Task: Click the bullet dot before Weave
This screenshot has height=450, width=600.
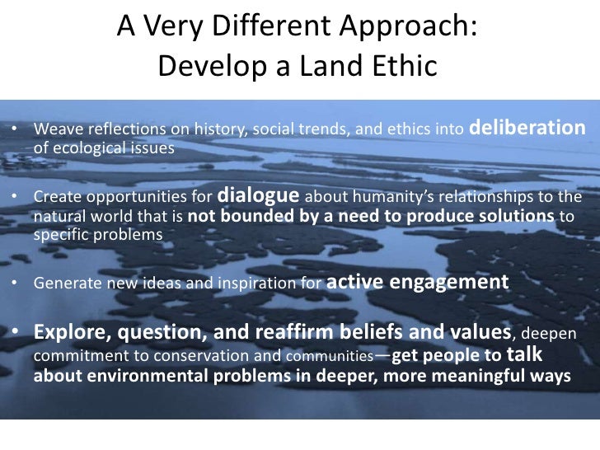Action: coord(16,133)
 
